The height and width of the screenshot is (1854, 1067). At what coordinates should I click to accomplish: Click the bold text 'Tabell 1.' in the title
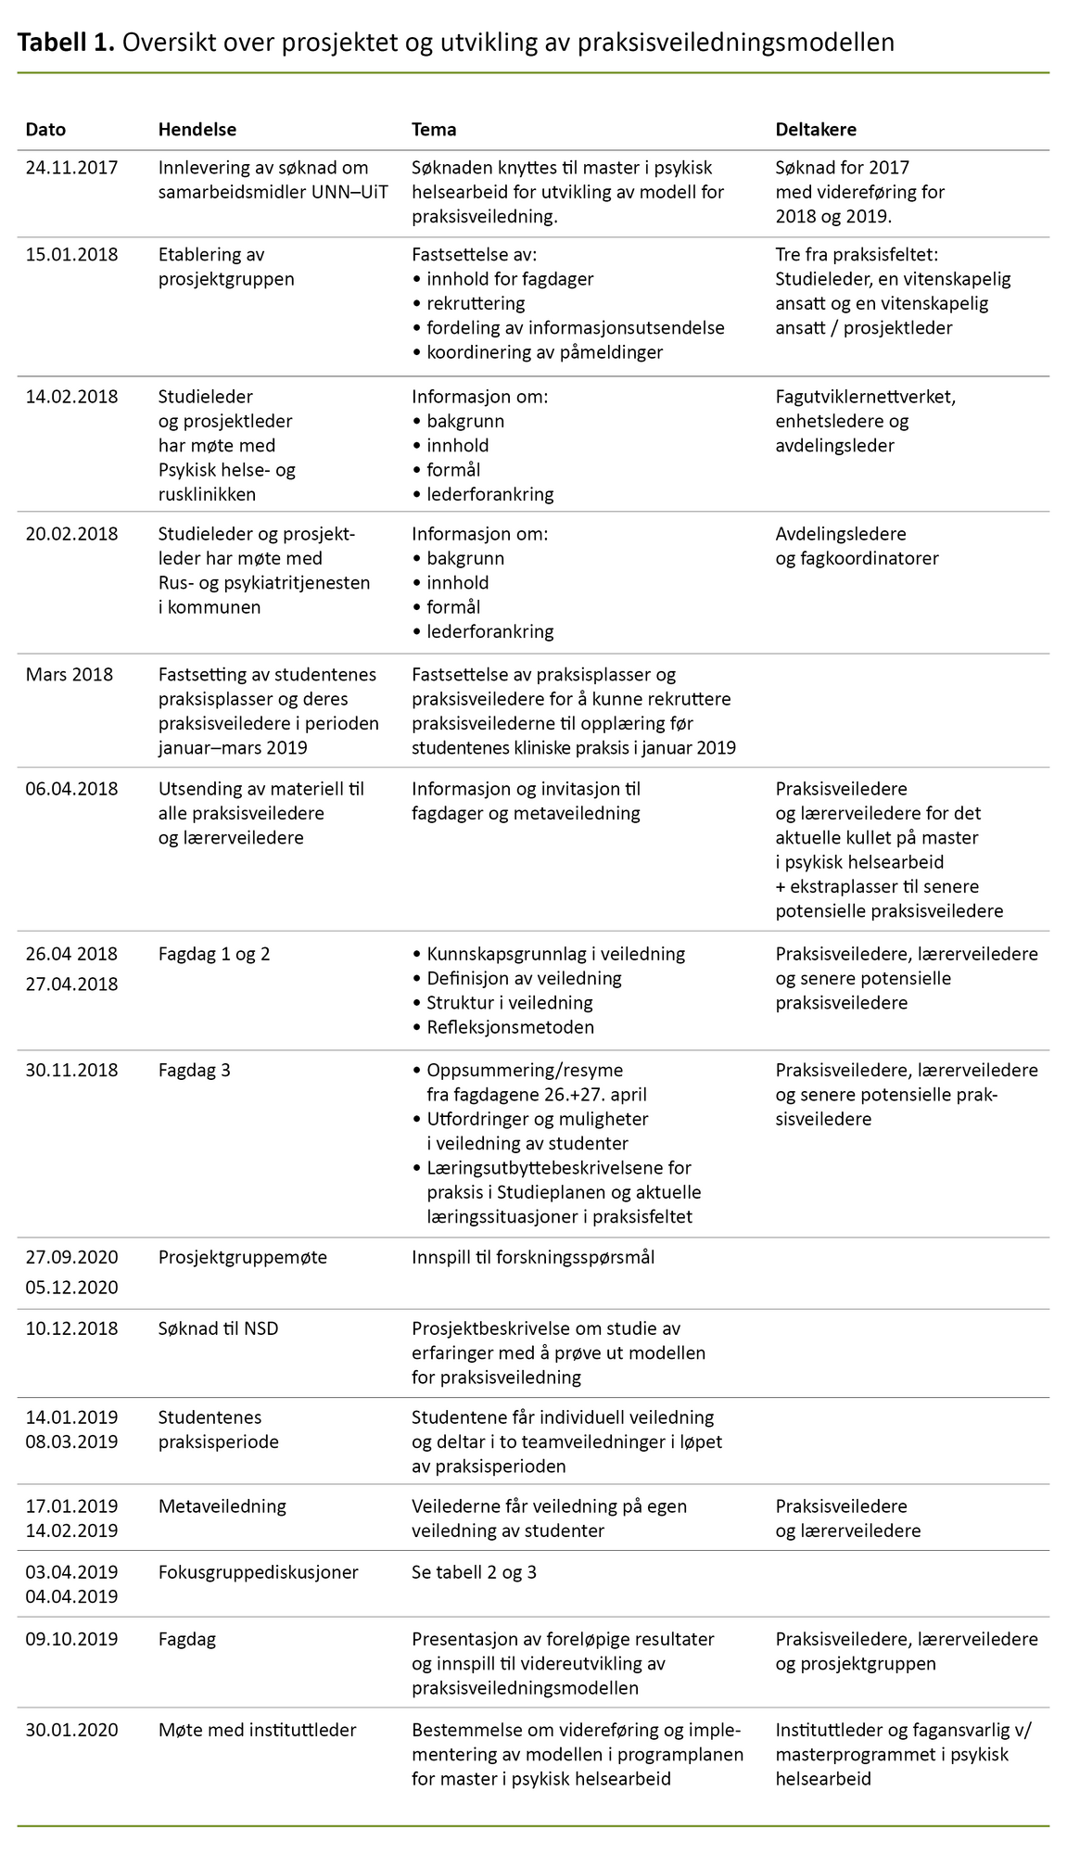tap(66, 42)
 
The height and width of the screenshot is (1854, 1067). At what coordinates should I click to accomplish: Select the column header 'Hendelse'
tap(197, 130)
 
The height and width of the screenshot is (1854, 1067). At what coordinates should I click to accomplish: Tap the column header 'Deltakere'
tap(816, 130)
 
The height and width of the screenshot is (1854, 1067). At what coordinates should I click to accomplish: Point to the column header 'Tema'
tap(434, 130)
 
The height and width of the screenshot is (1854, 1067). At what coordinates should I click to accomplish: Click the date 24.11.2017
tap(71, 168)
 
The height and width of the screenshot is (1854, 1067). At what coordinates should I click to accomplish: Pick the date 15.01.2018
tap(71, 255)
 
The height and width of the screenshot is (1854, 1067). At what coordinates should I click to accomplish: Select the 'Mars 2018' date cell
tap(69, 675)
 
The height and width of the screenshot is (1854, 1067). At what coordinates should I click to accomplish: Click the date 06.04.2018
tap(71, 789)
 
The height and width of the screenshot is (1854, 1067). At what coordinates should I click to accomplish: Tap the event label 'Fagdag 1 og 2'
tap(214, 954)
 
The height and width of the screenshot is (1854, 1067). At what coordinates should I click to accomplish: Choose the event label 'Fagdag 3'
tap(194, 1071)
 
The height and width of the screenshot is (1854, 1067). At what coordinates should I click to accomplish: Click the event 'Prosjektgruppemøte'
tap(243, 1258)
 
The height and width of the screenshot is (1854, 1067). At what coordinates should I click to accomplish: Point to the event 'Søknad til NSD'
tap(218, 1328)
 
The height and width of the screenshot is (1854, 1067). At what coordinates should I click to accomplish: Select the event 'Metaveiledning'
tap(222, 1506)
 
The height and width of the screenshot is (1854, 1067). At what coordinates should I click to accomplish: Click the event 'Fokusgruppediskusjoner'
tap(259, 1572)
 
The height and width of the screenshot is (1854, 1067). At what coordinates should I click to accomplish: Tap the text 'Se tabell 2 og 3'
tap(474, 1572)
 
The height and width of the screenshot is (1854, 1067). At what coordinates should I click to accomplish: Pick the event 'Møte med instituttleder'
tap(258, 1730)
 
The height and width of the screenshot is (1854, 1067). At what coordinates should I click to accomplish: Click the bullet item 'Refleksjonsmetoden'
tap(510, 1027)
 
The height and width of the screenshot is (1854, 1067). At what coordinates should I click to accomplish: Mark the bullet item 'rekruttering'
tap(476, 303)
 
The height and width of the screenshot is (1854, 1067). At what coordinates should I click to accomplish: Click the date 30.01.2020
tap(71, 1730)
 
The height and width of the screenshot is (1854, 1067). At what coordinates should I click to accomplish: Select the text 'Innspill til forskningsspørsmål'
tap(533, 1258)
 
